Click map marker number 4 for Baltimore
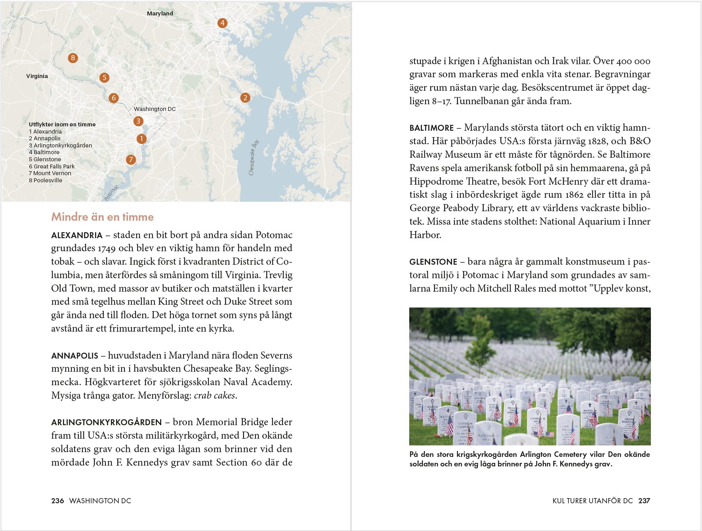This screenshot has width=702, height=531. point(222,23)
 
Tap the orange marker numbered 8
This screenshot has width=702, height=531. point(72,58)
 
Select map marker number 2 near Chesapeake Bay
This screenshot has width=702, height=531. point(245,98)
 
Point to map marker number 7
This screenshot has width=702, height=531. point(131,160)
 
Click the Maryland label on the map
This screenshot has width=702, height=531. point(160,13)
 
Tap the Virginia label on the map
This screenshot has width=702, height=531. point(37,76)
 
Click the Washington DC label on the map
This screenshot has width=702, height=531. point(155,109)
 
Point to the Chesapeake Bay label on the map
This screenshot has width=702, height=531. point(254,157)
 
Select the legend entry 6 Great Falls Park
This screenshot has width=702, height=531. point(52,166)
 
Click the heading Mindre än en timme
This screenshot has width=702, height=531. point(102,217)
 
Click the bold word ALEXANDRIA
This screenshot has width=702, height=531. point(76,235)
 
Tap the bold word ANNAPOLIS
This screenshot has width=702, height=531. point(74,356)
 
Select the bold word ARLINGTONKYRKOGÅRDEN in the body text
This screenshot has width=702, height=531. point(106,422)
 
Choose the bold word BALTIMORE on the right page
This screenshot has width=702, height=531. point(431,128)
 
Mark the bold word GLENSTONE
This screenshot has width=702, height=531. point(433,262)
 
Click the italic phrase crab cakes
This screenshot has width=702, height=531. point(214,395)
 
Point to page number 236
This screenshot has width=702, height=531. point(57,501)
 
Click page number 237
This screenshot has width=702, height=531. point(644,501)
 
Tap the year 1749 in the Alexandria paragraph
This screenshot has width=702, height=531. point(107,248)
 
